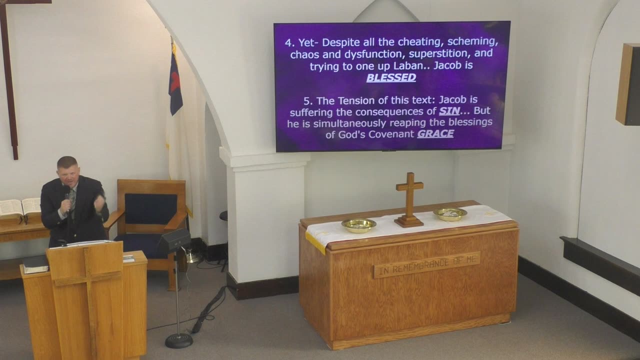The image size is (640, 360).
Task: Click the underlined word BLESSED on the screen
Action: point(391,77)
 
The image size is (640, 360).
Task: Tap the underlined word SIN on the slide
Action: point(449,111)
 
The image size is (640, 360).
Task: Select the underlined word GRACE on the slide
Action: point(435,133)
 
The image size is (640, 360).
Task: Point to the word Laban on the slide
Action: point(412,66)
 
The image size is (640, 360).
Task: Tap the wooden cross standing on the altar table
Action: point(409,199)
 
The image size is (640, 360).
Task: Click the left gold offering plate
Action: point(359,225)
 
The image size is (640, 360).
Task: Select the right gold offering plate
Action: point(450,214)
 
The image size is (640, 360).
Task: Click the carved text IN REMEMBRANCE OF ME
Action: point(427,265)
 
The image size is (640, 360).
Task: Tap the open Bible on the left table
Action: point(20,207)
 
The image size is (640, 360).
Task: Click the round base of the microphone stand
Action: point(179,340)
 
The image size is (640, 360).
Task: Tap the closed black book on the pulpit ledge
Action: point(35,264)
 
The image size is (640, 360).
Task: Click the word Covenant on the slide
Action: point(391,134)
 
